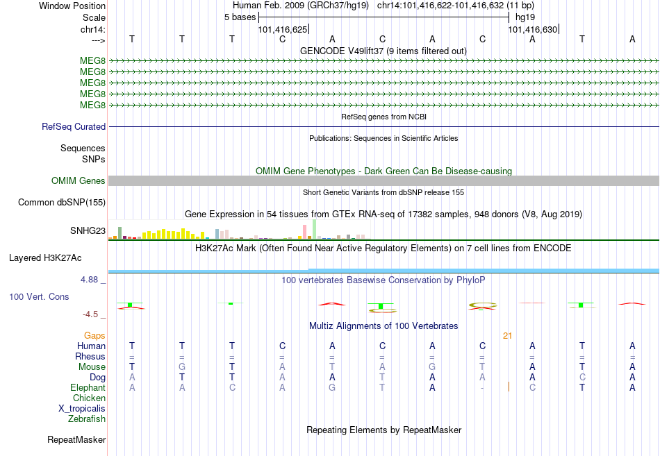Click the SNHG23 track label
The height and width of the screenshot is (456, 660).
[x=88, y=230]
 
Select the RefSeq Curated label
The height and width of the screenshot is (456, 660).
[x=74, y=126]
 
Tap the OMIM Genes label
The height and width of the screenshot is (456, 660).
[x=79, y=181]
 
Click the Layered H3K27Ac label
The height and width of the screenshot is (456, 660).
[x=45, y=258]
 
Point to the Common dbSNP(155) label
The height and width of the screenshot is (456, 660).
[x=62, y=203]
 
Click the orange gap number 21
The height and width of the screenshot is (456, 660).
[x=507, y=336]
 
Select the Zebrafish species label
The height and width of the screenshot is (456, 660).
[x=87, y=419]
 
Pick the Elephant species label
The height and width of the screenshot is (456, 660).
[x=88, y=388]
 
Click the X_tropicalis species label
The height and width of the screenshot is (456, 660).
[x=82, y=409]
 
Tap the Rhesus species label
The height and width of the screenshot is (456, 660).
[x=90, y=356]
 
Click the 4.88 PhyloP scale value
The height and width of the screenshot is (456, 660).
[x=89, y=280]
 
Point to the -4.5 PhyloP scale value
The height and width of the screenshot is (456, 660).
[x=90, y=314]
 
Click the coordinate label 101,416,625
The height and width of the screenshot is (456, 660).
[x=283, y=29]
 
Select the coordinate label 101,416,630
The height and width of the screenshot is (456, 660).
[x=532, y=29]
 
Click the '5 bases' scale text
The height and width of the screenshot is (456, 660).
[x=240, y=17]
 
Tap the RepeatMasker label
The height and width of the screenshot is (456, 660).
[x=76, y=440]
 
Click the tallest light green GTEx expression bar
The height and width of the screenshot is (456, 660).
[x=315, y=229]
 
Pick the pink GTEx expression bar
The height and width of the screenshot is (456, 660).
[x=305, y=232]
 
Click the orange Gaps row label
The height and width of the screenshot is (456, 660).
[x=94, y=336]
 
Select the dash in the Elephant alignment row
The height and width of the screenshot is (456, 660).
[x=482, y=388]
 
